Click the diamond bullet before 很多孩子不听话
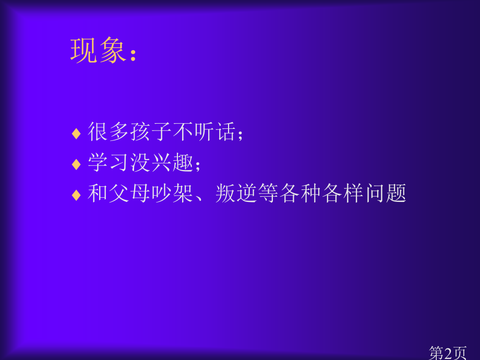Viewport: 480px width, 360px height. pos(76,134)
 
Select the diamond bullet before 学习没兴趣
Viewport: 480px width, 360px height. pos(76,164)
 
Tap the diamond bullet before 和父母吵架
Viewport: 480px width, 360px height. pos(76,195)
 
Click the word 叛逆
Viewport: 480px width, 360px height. pos(236,194)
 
